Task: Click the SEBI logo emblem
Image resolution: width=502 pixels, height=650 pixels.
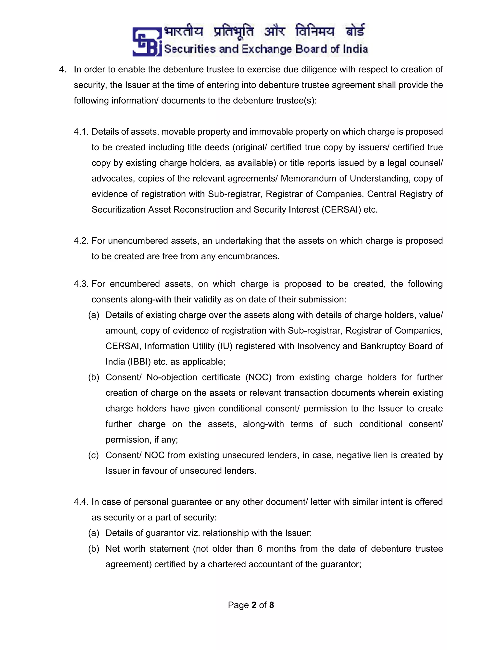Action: coord(147,42)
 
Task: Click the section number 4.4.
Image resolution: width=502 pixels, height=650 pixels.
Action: coord(81,502)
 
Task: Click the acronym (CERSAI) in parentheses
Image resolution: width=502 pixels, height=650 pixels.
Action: coord(341,210)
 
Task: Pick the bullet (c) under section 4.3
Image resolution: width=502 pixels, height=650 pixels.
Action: coord(93,455)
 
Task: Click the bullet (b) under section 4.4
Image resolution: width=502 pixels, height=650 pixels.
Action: coord(93,549)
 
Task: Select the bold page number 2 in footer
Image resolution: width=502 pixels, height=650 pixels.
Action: coord(254,605)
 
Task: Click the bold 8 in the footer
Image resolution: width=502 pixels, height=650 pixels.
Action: coord(272,605)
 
